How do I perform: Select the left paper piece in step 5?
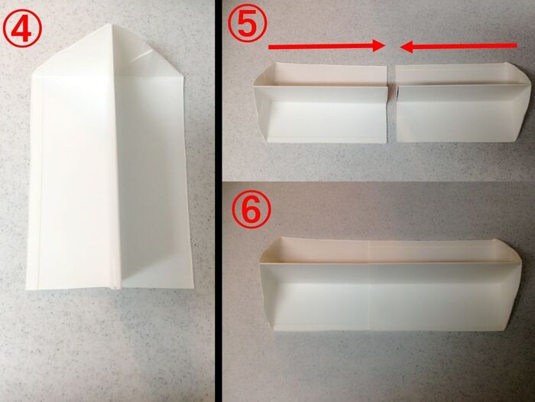coord(321,103)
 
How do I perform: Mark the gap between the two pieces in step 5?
coord(391,103)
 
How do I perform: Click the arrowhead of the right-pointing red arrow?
coord(379,47)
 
